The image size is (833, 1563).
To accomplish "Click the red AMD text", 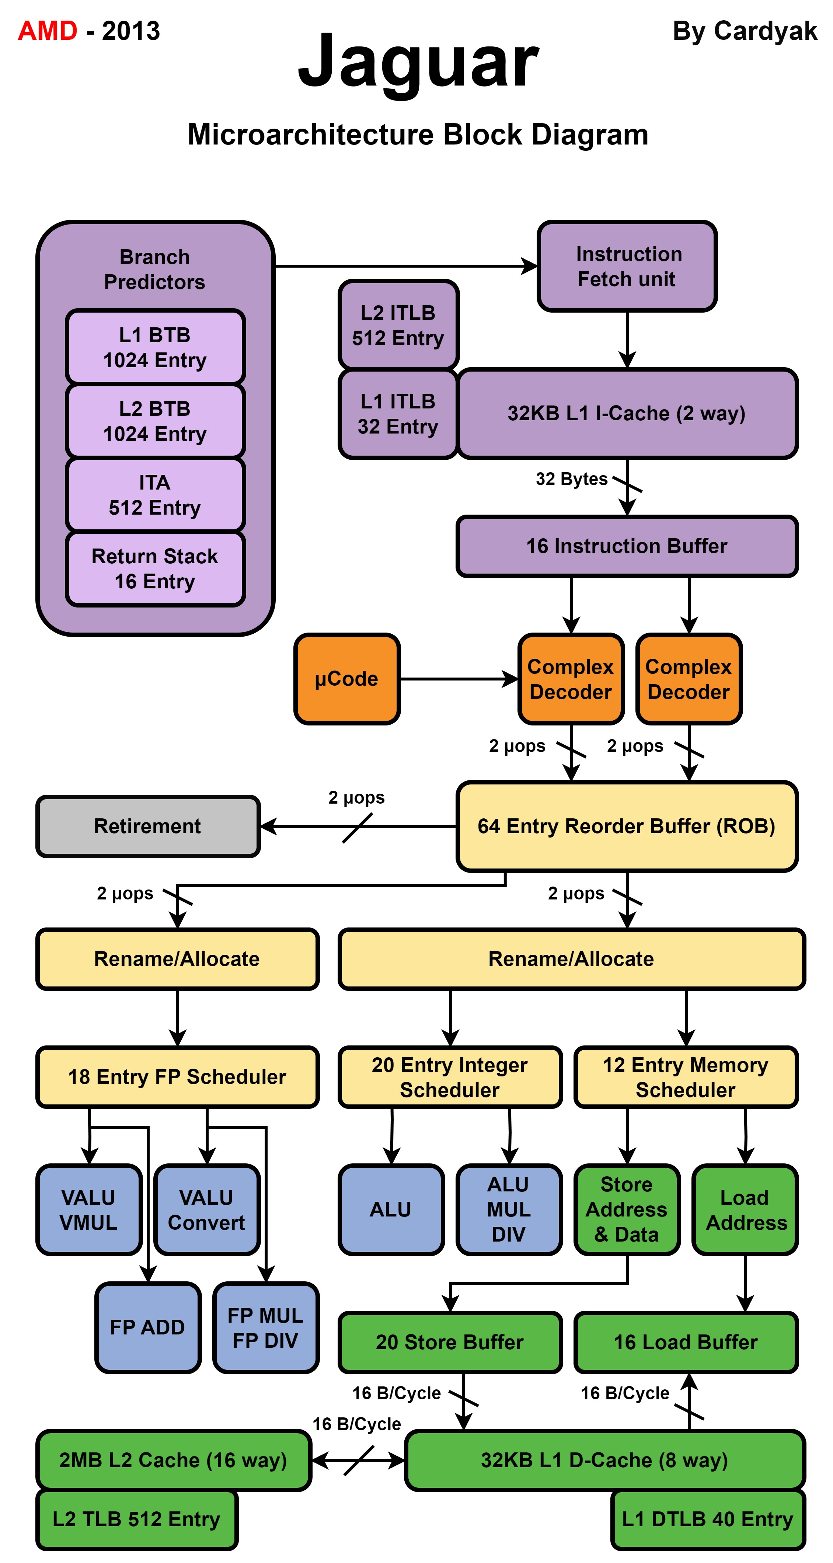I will [47, 30].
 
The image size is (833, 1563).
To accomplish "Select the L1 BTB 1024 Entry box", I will [155, 347].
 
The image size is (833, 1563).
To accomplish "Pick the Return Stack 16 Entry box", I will [155, 568].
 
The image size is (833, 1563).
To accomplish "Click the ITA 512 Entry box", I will [155, 494].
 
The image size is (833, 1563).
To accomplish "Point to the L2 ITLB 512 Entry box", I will [398, 325].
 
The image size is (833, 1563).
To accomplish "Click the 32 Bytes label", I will [571, 479].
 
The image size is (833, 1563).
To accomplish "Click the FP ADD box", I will [147, 1327].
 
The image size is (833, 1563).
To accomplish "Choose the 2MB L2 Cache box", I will [174, 1460].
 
